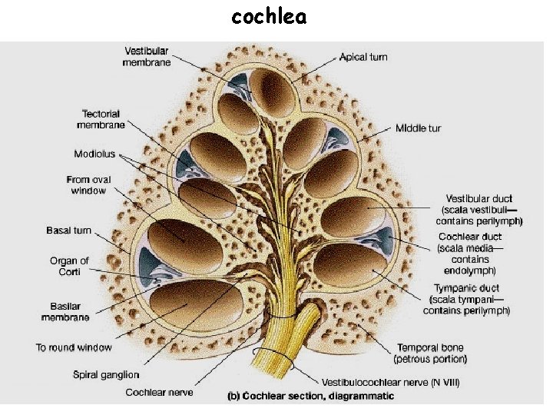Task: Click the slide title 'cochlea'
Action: pos(269,16)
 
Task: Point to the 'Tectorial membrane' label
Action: pos(98,119)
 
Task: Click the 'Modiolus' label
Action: pos(94,154)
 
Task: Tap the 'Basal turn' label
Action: pos(68,231)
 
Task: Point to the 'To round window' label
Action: pos(74,347)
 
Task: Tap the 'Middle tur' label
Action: pos(418,128)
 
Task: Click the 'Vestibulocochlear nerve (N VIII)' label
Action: pos(390,383)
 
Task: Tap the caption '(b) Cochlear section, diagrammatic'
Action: pos(311,397)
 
